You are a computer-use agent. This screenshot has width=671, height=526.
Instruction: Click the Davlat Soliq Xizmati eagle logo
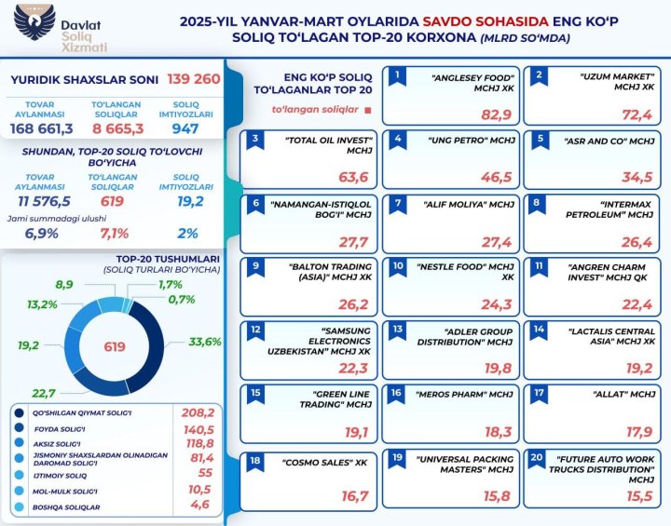click(27, 27)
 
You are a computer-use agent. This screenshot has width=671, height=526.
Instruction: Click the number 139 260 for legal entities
click(194, 79)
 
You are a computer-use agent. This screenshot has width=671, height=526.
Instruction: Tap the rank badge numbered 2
click(536, 74)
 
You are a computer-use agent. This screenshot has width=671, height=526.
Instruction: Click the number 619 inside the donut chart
click(115, 347)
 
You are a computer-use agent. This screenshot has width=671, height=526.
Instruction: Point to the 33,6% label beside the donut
click(204, 341)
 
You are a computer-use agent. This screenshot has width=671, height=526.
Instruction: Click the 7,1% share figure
click(114, 234)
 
